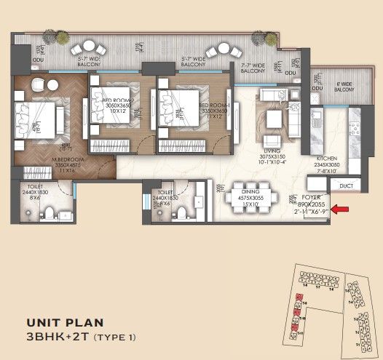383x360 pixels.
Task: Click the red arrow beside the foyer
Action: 339,209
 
